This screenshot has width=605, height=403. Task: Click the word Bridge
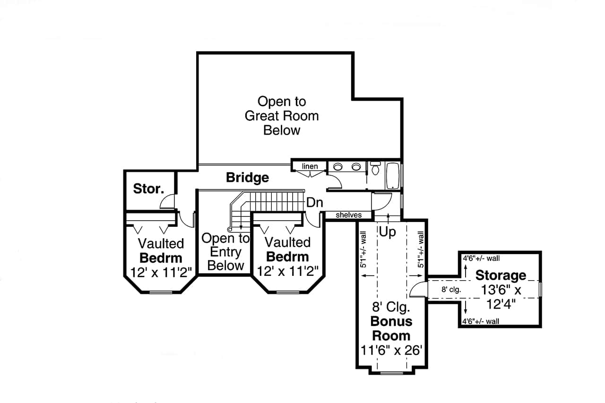pyautogui.click(x=247, y=178)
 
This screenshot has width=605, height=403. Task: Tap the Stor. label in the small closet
pyautogui.click(x=148, y=189)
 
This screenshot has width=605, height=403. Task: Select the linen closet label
pyautogui.click(x=310, y=166)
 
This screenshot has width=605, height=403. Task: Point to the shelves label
pyautogui.click(x=348, y=215)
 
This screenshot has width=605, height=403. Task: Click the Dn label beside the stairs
pyautogui.click(x=314, y=203)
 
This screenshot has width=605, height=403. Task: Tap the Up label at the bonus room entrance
pyautogui.click(x=388, y=232)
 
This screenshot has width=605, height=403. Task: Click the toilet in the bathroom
pyautogui.click(x=375, y=168)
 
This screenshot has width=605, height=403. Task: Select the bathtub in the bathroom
pyautogui.click(x=393, y=176)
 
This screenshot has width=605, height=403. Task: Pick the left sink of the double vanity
pyautogui.click(x=338, y=167)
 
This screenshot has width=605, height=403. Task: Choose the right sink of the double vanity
pyautogui.click(x=356, y=167)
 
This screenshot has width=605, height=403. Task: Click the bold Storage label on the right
pyautogui.click(x=501, y=275)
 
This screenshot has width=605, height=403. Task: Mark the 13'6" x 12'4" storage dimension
pyautogui.click(x=501, y=297)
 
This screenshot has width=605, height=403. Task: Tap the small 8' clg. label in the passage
pyautogui.click(x=451, y=290)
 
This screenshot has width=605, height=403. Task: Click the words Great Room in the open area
pyautogui.click(x=282, y=116)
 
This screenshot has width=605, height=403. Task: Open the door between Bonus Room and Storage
pyautogui.click(x=418, y=289)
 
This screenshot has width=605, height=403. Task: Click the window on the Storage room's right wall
pyautogui.click(x=541, y=289)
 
